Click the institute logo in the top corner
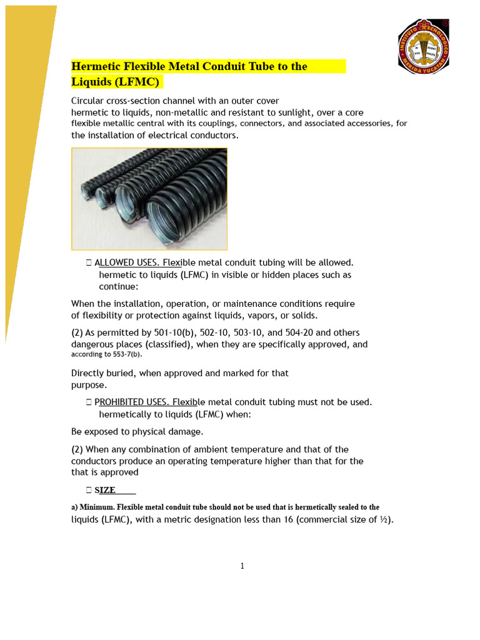(x=423, y=46)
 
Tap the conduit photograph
(x=149, y=199)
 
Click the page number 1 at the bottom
(x=242, y=566)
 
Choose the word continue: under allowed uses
(x=119, y=287)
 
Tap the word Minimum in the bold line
(x=99, y=507)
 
